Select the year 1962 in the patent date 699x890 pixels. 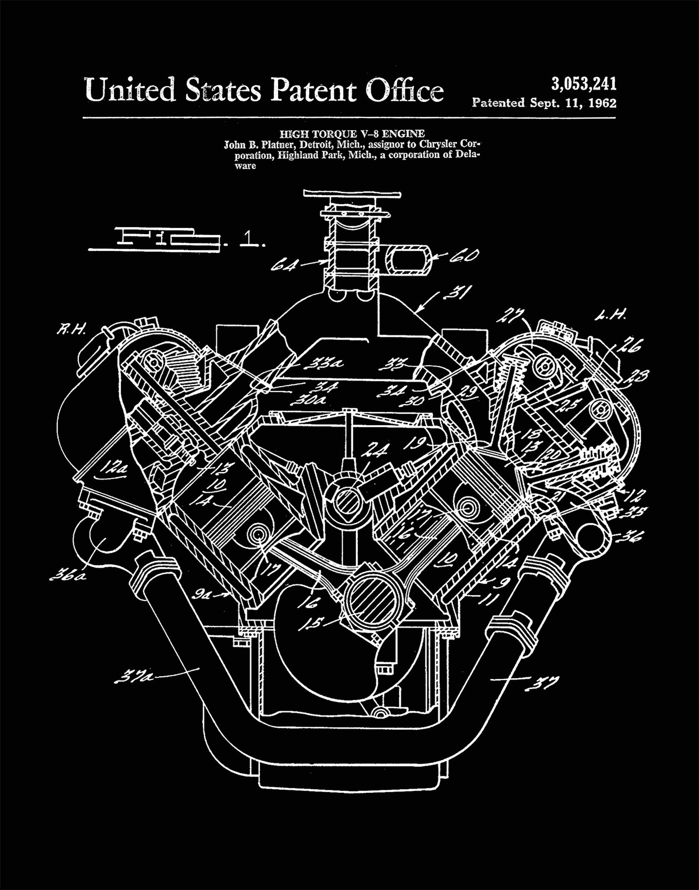tap(602, 103)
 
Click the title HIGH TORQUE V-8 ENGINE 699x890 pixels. tap(352, 133)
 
